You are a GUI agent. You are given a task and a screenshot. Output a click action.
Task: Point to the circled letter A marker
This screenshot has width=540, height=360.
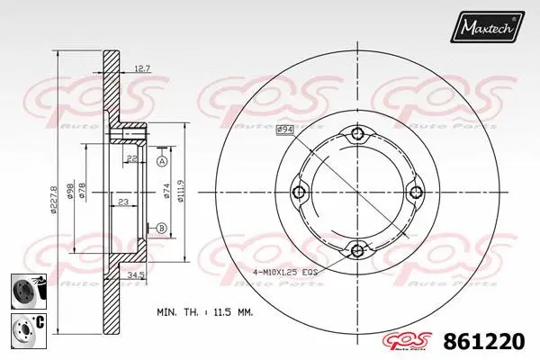click(x=161, y=161)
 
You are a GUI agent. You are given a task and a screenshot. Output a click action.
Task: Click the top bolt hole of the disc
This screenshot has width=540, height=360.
click(x=358, y=134)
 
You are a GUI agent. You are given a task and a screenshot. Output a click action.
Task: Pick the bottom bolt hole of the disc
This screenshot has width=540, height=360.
click(x=358, y=249)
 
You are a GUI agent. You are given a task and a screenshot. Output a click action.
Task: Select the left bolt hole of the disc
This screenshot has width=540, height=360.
click(x=301, y=192)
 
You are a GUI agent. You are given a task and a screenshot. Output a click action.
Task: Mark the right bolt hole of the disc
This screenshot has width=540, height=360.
click(x=415, y=192)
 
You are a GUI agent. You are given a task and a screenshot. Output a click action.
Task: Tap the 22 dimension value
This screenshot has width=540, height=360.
click(x=132, y=160)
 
